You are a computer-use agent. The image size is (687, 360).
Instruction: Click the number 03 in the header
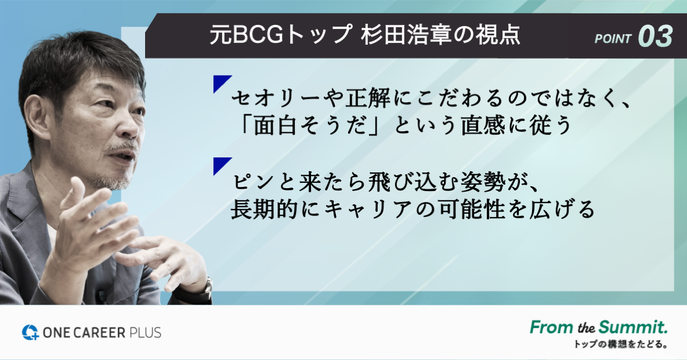click(x=656, y=36)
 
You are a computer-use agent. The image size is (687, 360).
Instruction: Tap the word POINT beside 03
click(x=613, y=39)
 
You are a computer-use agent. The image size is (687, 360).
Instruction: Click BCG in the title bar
click(x=257, y=35)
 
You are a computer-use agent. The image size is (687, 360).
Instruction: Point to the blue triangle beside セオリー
click(x=220, y=82)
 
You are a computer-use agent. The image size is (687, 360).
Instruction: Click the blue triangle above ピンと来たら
click(x=220, y=164)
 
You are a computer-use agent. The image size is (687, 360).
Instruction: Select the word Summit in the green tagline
click(x=633, y=327)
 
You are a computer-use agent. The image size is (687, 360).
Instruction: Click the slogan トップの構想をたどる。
click(x=620, y=345)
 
